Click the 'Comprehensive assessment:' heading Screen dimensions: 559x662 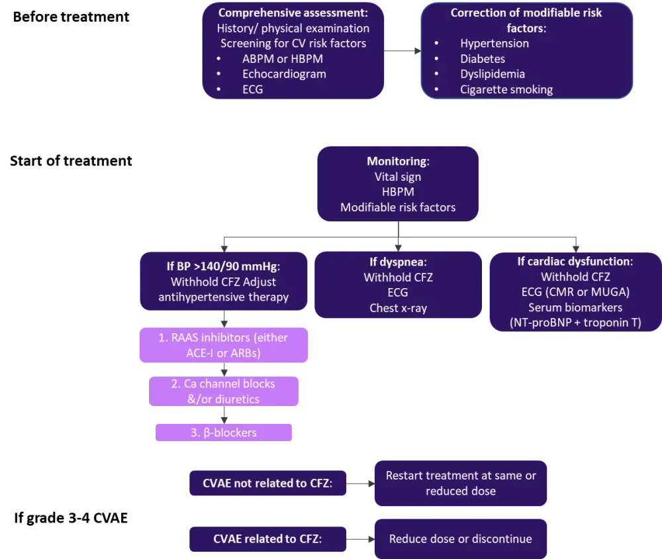293,13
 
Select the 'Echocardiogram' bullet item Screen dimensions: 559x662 284,74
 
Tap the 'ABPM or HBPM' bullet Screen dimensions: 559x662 282,58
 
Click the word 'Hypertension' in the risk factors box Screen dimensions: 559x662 495,43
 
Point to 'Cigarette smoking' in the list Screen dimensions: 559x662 506,89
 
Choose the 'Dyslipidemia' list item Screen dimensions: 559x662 493,74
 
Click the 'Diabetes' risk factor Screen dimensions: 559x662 483,58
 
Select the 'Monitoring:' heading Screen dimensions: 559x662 398,162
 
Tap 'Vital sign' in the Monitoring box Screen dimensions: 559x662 398,177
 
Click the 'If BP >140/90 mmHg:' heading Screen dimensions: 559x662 223,267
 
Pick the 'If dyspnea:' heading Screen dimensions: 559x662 398,261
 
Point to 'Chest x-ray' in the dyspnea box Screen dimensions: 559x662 398,308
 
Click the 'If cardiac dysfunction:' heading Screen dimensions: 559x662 575,261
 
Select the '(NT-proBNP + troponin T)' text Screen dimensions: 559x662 575,323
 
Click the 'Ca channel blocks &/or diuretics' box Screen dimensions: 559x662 222,391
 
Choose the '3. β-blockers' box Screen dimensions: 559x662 224,432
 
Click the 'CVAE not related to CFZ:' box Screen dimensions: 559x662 267,483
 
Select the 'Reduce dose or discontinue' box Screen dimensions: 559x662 460,538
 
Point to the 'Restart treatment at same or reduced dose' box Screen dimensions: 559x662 460,483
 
